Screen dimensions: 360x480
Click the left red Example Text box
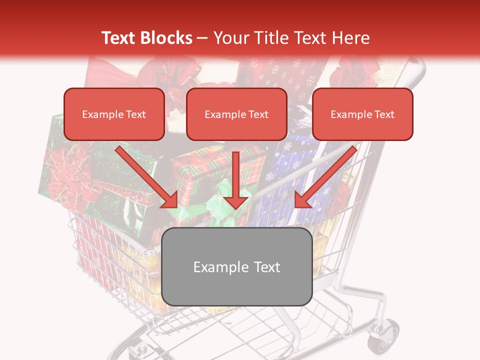click(x=114, y=114)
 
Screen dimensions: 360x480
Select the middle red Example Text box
click(x=236, y=114)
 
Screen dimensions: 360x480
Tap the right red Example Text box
click(x=362, y=114)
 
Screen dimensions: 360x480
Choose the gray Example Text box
click(x=237, y=267)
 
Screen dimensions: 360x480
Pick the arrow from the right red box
click(x=325, y=177)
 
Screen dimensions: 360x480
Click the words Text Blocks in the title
click(x=146, y=38)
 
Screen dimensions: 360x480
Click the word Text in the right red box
click(x=384, y=114)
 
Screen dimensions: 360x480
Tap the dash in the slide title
click(x=202, y=38)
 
